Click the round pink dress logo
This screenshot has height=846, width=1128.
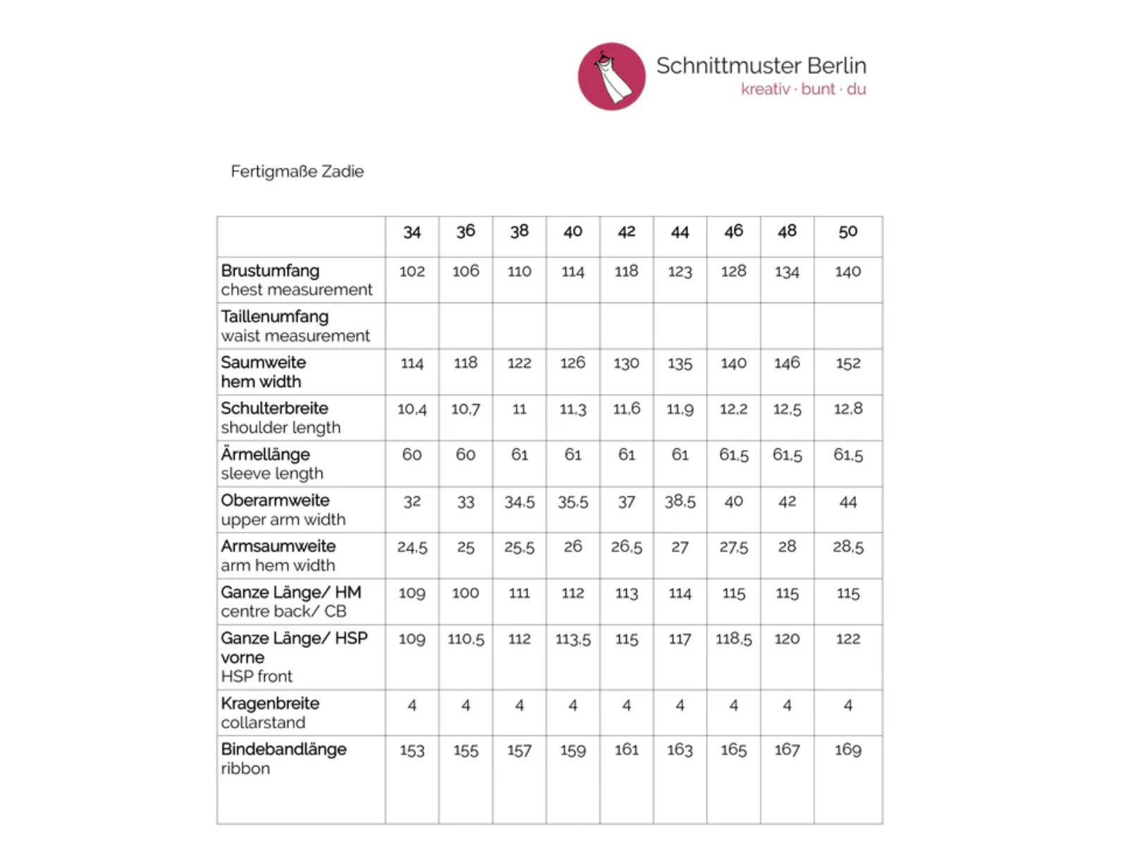click(x=611, y=76)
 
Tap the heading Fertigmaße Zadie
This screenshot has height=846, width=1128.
click(x=297, y=171)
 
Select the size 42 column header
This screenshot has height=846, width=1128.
click(x=626, y=231)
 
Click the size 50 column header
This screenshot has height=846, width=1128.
click(x=847, y=231)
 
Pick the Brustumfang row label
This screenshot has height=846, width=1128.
click(x=270, y=271)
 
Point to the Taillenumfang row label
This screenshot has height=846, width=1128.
click(x=274, y=317)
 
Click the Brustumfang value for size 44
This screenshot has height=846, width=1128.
click(x=680, y=271)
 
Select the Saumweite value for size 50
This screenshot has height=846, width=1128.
click(x=847, y=363)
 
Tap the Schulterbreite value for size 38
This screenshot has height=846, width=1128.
click(x=519, y=409)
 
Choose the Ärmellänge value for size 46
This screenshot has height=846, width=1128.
click(x=733, y=455)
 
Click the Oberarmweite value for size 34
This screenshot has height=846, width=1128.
click(x=412, y=501)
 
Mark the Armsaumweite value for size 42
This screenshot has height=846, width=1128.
click(x=626, y=547)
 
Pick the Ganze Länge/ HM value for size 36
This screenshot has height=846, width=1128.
click(x=465, y=593)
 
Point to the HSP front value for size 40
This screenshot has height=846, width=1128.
click(x=572, y=639)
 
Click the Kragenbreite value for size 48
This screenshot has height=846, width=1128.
click(x=787, y=705)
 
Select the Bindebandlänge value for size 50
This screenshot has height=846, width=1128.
click(x=847, y=750)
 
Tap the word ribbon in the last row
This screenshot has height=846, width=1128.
click(x=245, y=768)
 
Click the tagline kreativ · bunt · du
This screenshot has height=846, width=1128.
click(x=803, y=90)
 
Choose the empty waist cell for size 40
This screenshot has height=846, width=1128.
click(x=572, y=326)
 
